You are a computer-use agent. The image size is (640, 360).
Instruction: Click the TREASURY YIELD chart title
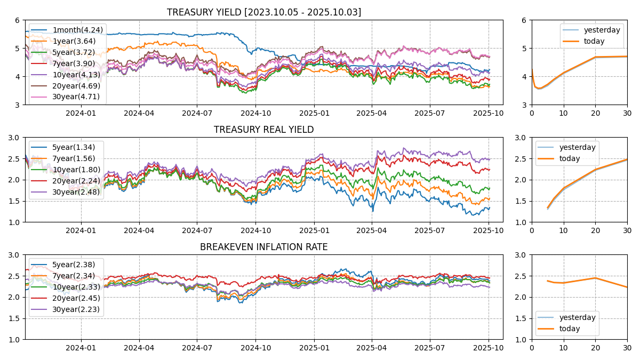coord(263,12)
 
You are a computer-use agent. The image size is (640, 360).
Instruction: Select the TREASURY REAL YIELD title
coord(263,130)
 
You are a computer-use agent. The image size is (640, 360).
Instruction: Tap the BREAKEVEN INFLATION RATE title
coord(263,247)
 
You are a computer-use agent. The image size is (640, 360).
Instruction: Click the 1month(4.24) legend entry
coord(77,30)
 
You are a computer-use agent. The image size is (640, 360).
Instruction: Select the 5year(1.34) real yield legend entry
coord(74,147)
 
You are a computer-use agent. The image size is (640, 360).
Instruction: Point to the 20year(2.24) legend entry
coord(76,181)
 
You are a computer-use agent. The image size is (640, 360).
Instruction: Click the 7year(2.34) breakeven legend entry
coord(74,276)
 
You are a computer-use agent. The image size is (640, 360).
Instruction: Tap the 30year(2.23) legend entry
coord(76,309)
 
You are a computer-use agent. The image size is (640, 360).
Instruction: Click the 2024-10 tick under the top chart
coord(255,113)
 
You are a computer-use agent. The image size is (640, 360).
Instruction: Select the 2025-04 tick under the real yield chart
coord(372,230)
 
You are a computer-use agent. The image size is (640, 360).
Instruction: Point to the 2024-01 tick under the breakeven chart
coord(81,347)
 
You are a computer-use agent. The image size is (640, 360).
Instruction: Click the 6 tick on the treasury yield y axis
coord(17,20)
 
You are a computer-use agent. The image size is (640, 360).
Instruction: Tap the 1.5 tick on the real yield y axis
coord(14,201)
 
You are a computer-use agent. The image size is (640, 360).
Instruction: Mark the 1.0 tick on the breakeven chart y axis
coord(14,339)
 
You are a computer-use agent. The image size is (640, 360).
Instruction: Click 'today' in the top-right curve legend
coord(594,41)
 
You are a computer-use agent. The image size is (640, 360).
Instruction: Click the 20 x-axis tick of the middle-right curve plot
coord(595,230)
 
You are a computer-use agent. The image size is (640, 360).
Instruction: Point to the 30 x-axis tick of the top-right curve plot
coord(627,113)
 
